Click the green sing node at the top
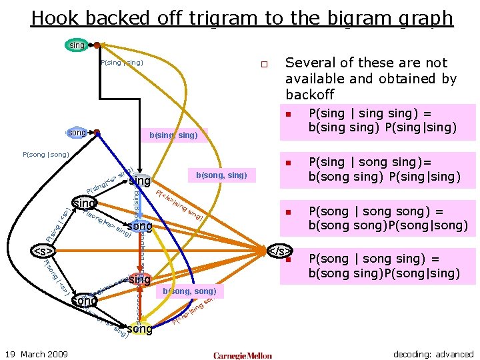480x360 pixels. coord(77,45)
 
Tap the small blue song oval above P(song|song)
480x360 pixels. coord(78,133)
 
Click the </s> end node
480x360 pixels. coord(279,251)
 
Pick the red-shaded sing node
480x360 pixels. coord(139,280)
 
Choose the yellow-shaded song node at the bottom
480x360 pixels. coord(139,329)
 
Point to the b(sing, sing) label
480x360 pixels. coord(173,135)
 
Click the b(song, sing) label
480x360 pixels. coord(221,175)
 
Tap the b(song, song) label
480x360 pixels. coord(190,291)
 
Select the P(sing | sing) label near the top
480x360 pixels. coord(121,63)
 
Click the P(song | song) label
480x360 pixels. coord(46,155)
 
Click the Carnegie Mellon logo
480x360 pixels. coord(243,355)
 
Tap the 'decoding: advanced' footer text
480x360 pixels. coord(433,354)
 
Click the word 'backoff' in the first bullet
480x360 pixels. coord(309,95)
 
